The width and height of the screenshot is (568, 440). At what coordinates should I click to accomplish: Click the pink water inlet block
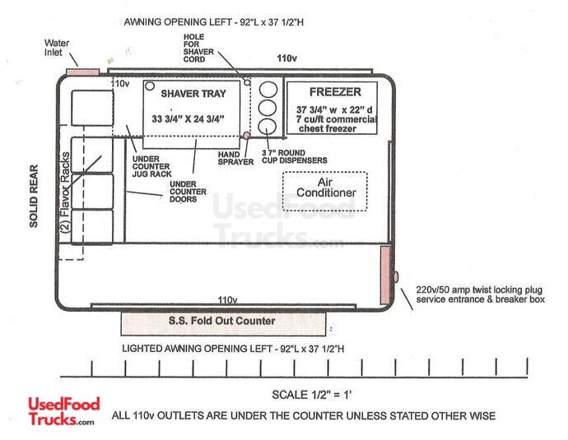coord(83,72)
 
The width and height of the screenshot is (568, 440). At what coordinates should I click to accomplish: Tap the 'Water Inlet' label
coord(57,48)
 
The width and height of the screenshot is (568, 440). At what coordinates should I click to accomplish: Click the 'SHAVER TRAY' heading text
coord(193,94)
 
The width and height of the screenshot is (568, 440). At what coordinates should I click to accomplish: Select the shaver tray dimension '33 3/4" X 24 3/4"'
coord(188,118)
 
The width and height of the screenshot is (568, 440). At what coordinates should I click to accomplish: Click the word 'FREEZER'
coord(335,92)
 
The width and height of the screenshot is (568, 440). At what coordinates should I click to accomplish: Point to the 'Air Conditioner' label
coord(326,187)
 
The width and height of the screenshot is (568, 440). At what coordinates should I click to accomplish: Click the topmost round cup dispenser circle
coord(268,90)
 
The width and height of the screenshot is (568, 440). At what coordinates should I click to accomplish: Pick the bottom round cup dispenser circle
coord(268,127)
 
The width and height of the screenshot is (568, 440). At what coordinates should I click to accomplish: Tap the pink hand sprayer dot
coord(246,136)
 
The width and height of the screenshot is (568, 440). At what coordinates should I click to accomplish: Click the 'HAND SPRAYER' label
coord(235,158)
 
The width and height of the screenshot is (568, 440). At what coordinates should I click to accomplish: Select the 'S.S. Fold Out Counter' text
coord(221,321)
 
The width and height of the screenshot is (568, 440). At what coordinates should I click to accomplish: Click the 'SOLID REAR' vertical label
coord(34,196)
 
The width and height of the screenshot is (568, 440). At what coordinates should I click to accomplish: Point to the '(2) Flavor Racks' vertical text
coord(65,192)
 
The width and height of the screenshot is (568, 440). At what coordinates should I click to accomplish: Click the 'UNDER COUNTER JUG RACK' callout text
coord(151,166)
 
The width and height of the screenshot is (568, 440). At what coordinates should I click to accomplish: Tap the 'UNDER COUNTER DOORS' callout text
coord(188,192)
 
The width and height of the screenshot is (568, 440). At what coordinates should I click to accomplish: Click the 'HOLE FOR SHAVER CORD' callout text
coord(198,49)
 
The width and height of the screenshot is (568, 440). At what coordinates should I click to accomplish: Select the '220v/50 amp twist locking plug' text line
coord(479,289)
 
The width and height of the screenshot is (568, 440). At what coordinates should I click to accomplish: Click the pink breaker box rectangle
coord(385,275)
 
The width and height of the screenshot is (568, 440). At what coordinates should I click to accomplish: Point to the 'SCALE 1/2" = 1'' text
coord(311,395)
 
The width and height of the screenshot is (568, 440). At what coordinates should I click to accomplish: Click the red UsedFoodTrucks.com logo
coord(64,411)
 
